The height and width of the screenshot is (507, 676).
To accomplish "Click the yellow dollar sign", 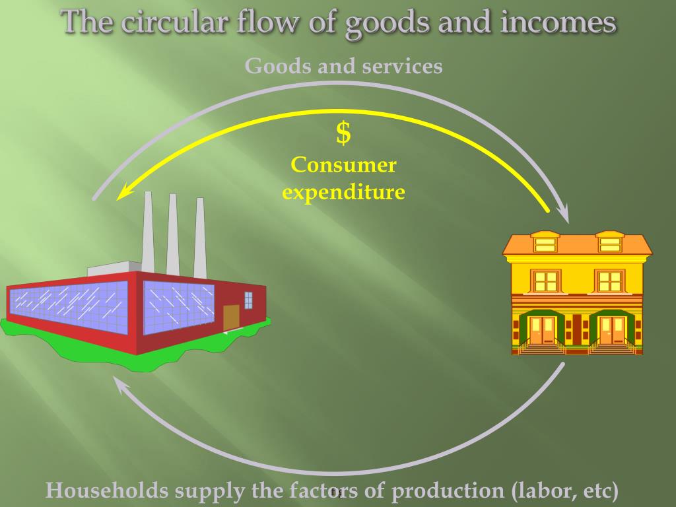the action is click(343, 134).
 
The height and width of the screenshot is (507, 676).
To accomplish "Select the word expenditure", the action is click(343, 192).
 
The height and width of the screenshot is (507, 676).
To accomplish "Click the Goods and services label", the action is click(343, 67).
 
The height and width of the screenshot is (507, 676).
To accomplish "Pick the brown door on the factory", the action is click(231, 318).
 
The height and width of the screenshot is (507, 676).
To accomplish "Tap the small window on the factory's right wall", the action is click(248, 300).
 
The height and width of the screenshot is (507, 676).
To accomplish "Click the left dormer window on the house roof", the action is click(545, 244).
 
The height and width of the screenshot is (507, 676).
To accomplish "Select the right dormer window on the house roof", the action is click(610, 244).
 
